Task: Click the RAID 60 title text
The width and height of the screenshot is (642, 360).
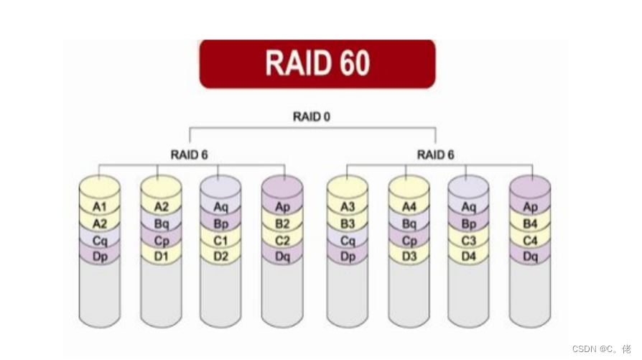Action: [x=317, y=63]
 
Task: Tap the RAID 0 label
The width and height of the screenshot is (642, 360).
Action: [x=312, y=116]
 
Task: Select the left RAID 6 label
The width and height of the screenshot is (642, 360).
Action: [x=190, y=154]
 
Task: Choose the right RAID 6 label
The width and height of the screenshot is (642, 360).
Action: [x=436, y=154]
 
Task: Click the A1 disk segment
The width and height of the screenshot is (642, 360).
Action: [x=100, y=207]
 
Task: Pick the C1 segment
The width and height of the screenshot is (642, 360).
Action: [x=220, y=240]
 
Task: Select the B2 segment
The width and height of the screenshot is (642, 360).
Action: [x=283, y=223]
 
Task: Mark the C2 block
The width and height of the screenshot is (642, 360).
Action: [x=283, y=240]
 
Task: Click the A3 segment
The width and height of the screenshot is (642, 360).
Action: [x=347, y=207]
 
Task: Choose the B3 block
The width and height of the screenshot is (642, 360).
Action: [x=347, y=223]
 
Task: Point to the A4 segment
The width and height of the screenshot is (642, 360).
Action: [x=409, y=207]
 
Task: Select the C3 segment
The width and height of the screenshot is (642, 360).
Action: [x=468, y=240]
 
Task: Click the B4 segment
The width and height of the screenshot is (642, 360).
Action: [x=530, y=223]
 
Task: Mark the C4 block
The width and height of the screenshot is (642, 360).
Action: [x=530, y=240]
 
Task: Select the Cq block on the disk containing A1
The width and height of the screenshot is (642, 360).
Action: [x=100, y=240]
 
